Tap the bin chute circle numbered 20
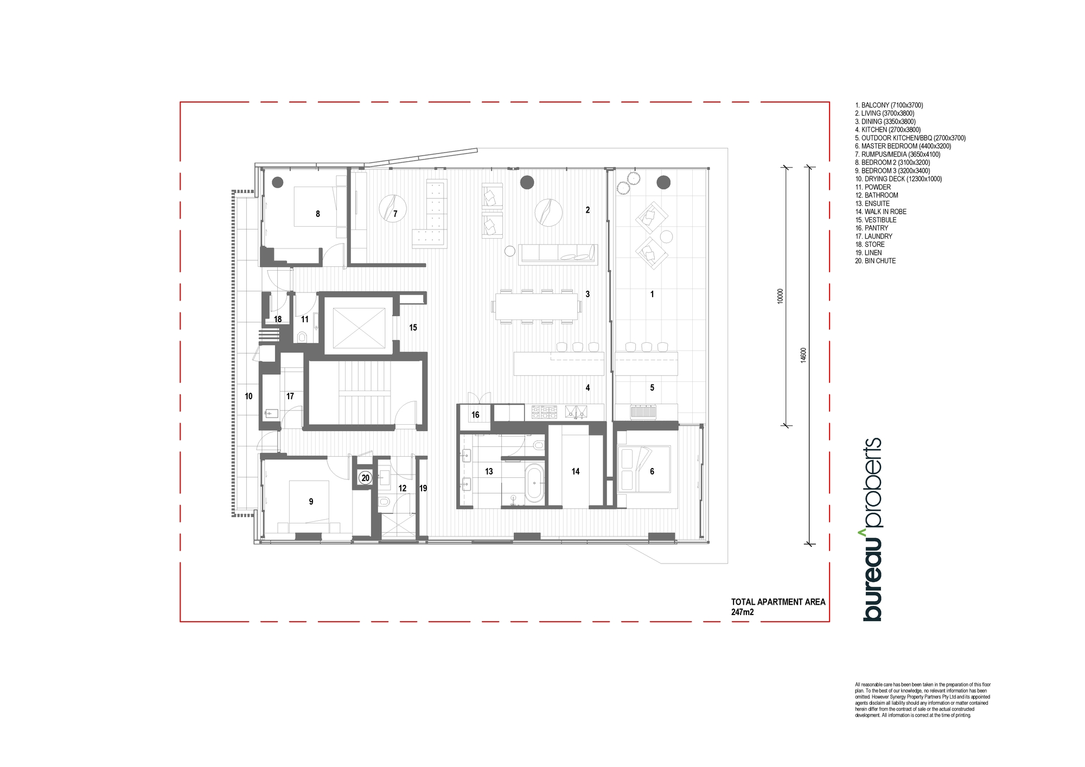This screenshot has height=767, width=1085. pos(366,478)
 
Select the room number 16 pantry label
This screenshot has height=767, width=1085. pos(475,415)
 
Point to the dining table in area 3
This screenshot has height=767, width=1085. pos(536,306)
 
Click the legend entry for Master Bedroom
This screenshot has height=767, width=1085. pos(903,146)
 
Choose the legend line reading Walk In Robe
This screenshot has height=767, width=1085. pos(881,212)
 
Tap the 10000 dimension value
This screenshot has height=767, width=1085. pos(780,296)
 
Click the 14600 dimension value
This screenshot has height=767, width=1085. pos(803,355)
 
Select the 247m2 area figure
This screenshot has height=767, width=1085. pos(743,612)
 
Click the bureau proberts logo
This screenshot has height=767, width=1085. pos(872,529)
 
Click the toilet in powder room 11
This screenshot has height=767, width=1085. pos(303,337)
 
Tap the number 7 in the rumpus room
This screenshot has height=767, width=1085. pos(395,214)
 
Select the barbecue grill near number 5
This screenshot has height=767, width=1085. pos(643,412)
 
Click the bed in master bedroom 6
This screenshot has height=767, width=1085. pos(644,469)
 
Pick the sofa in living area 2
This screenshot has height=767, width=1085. pos(558,254)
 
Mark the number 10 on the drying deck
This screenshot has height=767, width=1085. pos(248,397)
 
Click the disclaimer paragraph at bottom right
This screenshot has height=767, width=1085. pos(923,700)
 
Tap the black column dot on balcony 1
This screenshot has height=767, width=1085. pos(663,182)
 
